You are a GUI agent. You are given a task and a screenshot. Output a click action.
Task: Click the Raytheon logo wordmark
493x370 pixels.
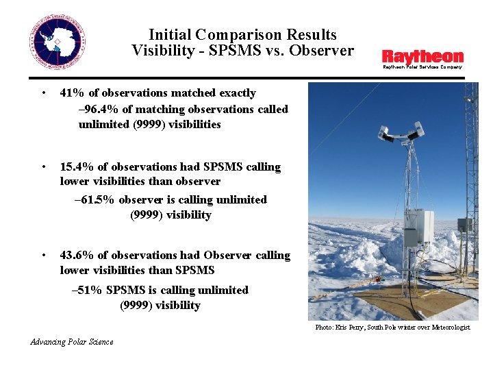click(422, 56)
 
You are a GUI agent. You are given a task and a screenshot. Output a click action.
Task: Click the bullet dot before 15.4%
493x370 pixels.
click(43, 166)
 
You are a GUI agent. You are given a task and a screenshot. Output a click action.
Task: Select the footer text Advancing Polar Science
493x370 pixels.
click(72, 342)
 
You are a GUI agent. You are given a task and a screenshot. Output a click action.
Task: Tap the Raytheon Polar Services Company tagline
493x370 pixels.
click(422, 67)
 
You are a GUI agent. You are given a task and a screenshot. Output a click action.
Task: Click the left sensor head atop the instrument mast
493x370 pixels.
click(388, 135)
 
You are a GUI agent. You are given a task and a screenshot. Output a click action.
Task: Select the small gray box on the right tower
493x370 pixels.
click(464, 224)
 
